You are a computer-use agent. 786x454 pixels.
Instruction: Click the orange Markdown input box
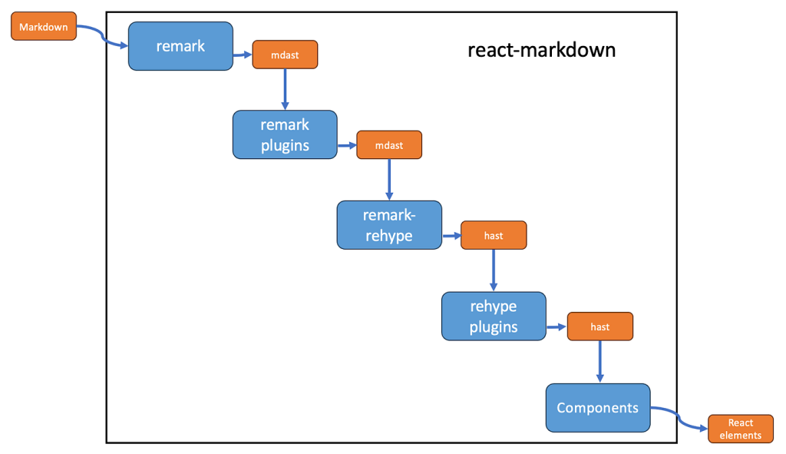pos(43,28)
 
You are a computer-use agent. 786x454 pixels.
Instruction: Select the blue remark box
pos(180,46)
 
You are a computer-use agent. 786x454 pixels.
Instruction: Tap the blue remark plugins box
pos(285,134)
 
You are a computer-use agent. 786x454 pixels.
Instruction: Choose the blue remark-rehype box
pos(389,225)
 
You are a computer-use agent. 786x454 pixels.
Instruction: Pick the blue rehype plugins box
pos(494,316)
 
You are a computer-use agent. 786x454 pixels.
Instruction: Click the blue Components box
pos(598,407)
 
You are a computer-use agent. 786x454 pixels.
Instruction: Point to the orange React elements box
pos(741,429)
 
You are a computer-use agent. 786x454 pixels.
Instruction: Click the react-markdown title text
pos(541,51)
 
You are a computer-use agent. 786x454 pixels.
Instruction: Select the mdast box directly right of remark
pos(286,55)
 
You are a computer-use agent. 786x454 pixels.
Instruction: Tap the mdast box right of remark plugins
pos(389,144)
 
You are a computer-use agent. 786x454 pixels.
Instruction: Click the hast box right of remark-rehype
pos(494,235)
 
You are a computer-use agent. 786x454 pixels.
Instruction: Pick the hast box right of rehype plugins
pos(599,326)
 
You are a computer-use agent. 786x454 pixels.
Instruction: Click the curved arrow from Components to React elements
pos(679,419)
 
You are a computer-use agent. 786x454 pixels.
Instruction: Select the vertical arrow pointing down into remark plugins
pos(286,88)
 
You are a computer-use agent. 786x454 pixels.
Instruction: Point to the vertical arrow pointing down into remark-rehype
pos(389,179)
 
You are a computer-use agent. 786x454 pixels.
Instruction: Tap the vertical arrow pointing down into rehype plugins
pos(494,270)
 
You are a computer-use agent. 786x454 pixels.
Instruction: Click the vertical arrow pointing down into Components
pos(599,361)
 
